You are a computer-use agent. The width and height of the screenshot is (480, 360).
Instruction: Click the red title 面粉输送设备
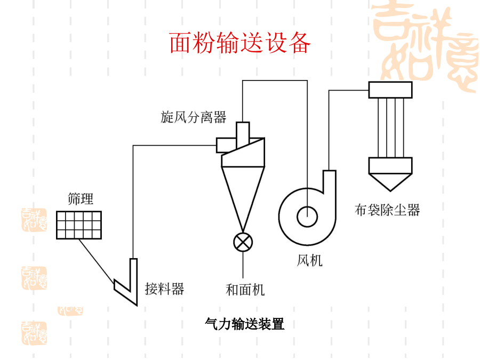click(x=240, y=43)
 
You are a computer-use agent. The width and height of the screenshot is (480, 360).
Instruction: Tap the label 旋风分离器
click(x=194, y=117)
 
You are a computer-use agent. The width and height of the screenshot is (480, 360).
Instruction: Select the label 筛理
click(x=81, y=199)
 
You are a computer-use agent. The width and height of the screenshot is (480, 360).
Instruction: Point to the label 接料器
click(x=164, y=289)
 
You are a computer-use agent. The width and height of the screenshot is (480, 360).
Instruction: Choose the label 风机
click(x=310, y=261)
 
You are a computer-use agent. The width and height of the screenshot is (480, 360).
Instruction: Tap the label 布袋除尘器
click(x=387, y=210)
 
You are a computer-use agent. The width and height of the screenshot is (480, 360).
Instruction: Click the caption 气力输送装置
click(x=245, y=324)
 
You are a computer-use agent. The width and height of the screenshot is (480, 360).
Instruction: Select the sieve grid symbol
click(x=78, y=225)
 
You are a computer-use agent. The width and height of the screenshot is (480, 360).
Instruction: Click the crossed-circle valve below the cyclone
click(x=243, y=242)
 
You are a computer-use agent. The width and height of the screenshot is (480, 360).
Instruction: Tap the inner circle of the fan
click(x=308, y=216)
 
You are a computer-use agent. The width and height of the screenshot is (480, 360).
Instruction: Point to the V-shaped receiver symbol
click(x=127, y=283)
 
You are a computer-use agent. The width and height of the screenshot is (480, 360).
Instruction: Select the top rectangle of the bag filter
click(x=390, y=90)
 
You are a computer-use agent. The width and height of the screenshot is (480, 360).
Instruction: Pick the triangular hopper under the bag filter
click(x=390, y=181)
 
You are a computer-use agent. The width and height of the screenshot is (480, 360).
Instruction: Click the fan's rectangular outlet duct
click(x=329, y=181)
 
